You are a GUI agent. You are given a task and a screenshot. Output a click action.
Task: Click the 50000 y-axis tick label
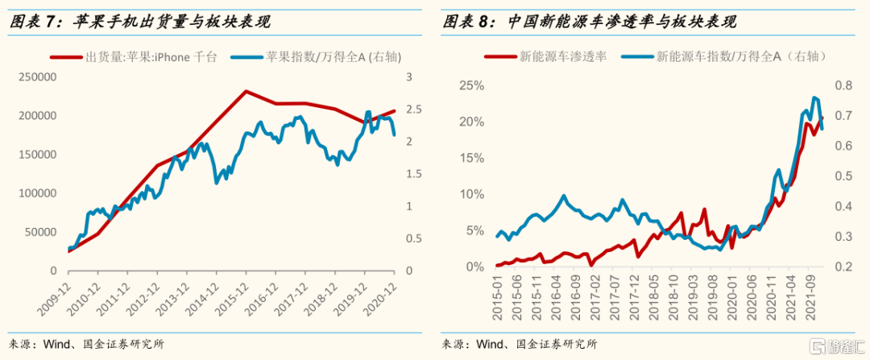point(41,232)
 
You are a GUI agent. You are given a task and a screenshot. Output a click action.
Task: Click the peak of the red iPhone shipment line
point(246,91)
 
